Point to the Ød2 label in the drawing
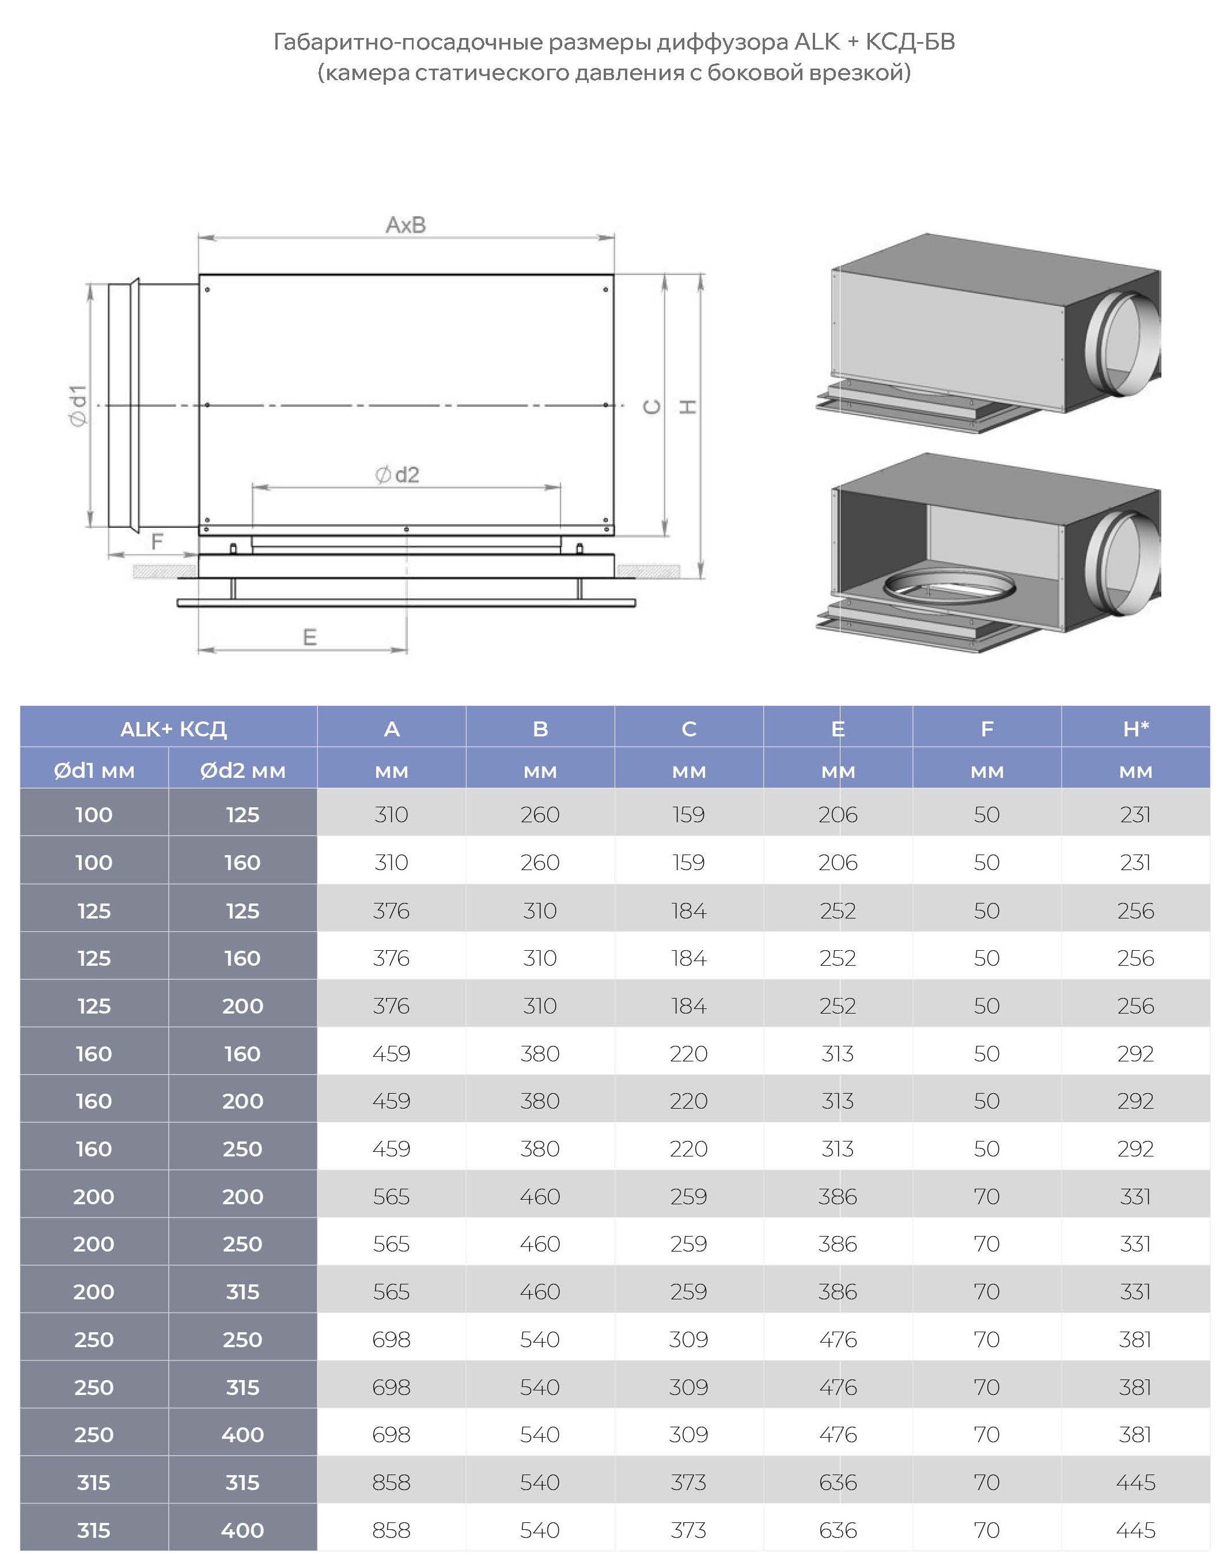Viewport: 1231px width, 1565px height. [x=397, y=474]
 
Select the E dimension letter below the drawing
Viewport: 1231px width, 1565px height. [x=309, y=637]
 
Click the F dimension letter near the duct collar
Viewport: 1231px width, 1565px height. [x=157, y=542]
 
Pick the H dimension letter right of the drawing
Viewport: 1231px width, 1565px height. [x=688, y=407]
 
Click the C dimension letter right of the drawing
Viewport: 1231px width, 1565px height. [x=652, y=407]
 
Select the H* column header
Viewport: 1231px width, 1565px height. [x=1136, y=729]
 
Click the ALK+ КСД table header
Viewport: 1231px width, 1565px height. [x=174, y=729]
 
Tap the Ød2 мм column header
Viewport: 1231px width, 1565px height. [x=243, y=770]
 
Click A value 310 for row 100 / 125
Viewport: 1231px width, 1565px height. [x=391, y=815]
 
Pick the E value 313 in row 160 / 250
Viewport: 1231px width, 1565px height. [x=838, y=1148]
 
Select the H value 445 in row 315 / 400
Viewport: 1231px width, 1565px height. [x=1136, y=1530]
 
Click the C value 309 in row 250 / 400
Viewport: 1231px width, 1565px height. [x=689, y=1435]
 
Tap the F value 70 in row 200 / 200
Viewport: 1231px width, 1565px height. [x=987, y=1197]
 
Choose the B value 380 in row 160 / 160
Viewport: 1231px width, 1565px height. [x=540, y=1053]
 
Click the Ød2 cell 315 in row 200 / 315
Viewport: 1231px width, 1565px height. [x=243, y=1292]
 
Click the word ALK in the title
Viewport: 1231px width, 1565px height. [x=817, y=42]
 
